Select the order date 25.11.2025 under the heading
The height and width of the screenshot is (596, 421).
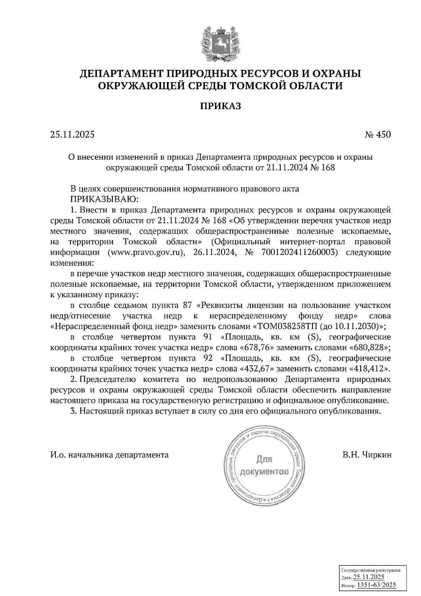click(x=72, y=135)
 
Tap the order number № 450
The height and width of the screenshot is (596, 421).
click(x=377, y=135)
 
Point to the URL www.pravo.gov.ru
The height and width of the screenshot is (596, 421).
click(x=146, y=252)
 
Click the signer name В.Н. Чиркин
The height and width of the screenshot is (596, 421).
click(x=367, y=455)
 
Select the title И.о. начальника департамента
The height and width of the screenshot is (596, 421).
click(x=109, y=455)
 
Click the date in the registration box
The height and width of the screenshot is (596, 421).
click(x=369, y=577)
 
